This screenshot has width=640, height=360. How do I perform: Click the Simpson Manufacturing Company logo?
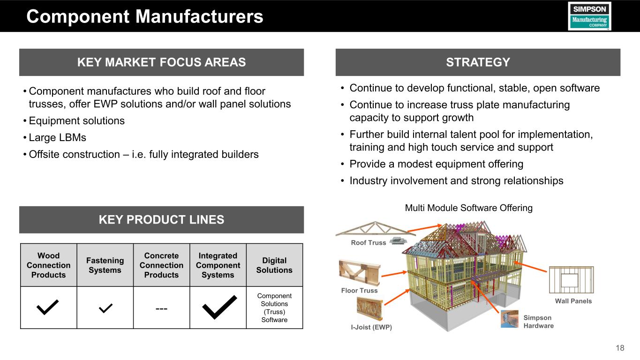point(589,16)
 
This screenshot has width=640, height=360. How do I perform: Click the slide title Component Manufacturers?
point(145,17)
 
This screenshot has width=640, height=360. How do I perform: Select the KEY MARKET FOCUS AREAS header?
point(161,62)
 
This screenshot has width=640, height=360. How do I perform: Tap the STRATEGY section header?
point(478,62)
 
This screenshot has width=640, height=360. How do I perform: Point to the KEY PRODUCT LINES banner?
point(161,219)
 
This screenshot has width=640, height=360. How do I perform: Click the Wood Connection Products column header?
point(48,265)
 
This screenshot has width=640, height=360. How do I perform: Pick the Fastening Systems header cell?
point(105,265)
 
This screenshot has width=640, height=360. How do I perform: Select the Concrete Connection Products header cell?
point(161,265)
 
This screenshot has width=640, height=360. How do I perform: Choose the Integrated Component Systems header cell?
point(218,265)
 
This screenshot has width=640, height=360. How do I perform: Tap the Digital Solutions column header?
point(274,265)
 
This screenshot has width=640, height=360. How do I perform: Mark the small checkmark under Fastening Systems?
point(105,308)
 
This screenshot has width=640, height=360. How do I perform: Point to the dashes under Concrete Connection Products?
point(161,308)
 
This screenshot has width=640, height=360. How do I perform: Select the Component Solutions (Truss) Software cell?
point(274,307)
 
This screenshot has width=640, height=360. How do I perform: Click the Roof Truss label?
point(369,243)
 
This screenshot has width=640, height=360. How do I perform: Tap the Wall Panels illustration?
point(571,280)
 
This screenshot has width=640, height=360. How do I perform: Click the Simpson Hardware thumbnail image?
point(510,319)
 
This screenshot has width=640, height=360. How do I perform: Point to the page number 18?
point(620,348)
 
